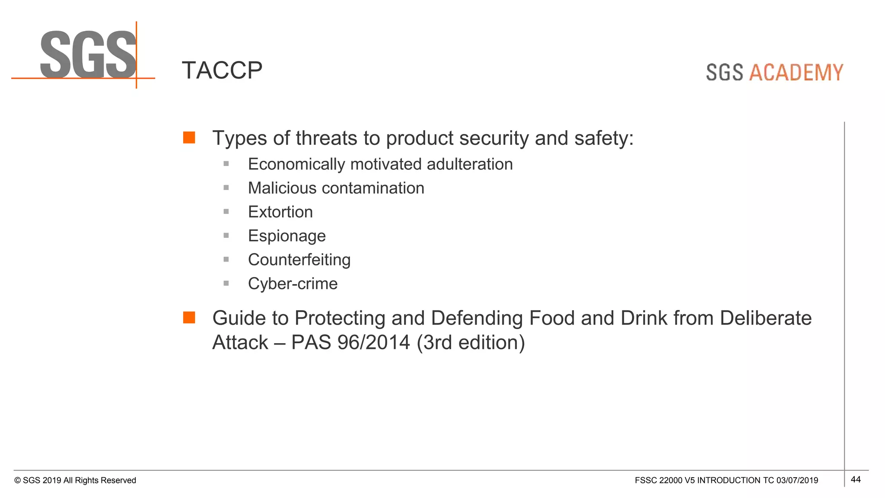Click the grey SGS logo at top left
[88, 55]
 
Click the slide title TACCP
[222, 70]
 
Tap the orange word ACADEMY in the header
[796, 73]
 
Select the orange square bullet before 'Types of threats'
[189, 137]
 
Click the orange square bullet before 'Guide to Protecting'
[189, 317]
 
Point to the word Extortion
[280, 212]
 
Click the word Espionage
[287, 236]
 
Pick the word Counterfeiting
[299, 260]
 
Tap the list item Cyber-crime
[293, 284]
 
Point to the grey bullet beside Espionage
[226, 236]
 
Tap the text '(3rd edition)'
[471, 342]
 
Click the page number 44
[855, 479]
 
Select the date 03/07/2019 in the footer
[797, 480]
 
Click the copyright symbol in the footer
[17, 481]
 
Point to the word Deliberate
[765, 318]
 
